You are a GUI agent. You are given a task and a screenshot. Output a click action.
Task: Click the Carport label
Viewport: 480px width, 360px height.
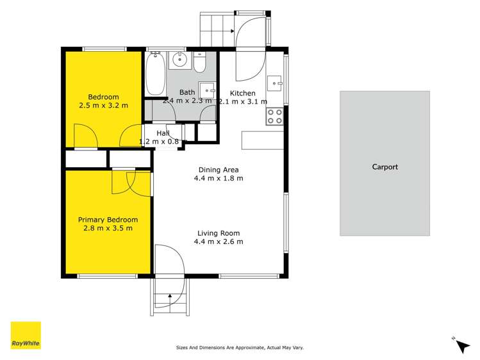coord(385,167)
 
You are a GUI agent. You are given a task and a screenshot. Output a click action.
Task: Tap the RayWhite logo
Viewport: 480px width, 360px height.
coord(26,336)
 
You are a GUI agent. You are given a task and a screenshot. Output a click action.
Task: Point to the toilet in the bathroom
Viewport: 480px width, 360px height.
coord(199,64)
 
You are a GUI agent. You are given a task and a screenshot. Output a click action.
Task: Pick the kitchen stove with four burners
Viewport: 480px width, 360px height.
coord(275,116)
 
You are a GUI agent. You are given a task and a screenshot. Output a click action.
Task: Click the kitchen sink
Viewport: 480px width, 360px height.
coord(276,83)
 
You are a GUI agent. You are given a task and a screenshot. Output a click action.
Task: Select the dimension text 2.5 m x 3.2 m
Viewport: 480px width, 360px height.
coord(103,106)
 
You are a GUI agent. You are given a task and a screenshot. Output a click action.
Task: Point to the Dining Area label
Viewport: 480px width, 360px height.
coord(219,170)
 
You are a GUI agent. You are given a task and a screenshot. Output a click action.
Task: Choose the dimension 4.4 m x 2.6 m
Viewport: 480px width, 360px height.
coord(219,242)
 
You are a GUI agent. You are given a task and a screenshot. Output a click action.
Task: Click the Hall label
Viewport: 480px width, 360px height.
coord(163,133)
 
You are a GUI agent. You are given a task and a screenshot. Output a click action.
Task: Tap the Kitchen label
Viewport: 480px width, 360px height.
coord(243,93)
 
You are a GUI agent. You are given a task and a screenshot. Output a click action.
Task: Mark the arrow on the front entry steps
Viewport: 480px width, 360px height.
coord(169,297)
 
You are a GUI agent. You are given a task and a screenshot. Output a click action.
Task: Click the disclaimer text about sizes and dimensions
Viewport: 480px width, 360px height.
coord(239,348)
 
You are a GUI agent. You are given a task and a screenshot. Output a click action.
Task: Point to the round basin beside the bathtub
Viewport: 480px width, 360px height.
coord(179,62)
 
